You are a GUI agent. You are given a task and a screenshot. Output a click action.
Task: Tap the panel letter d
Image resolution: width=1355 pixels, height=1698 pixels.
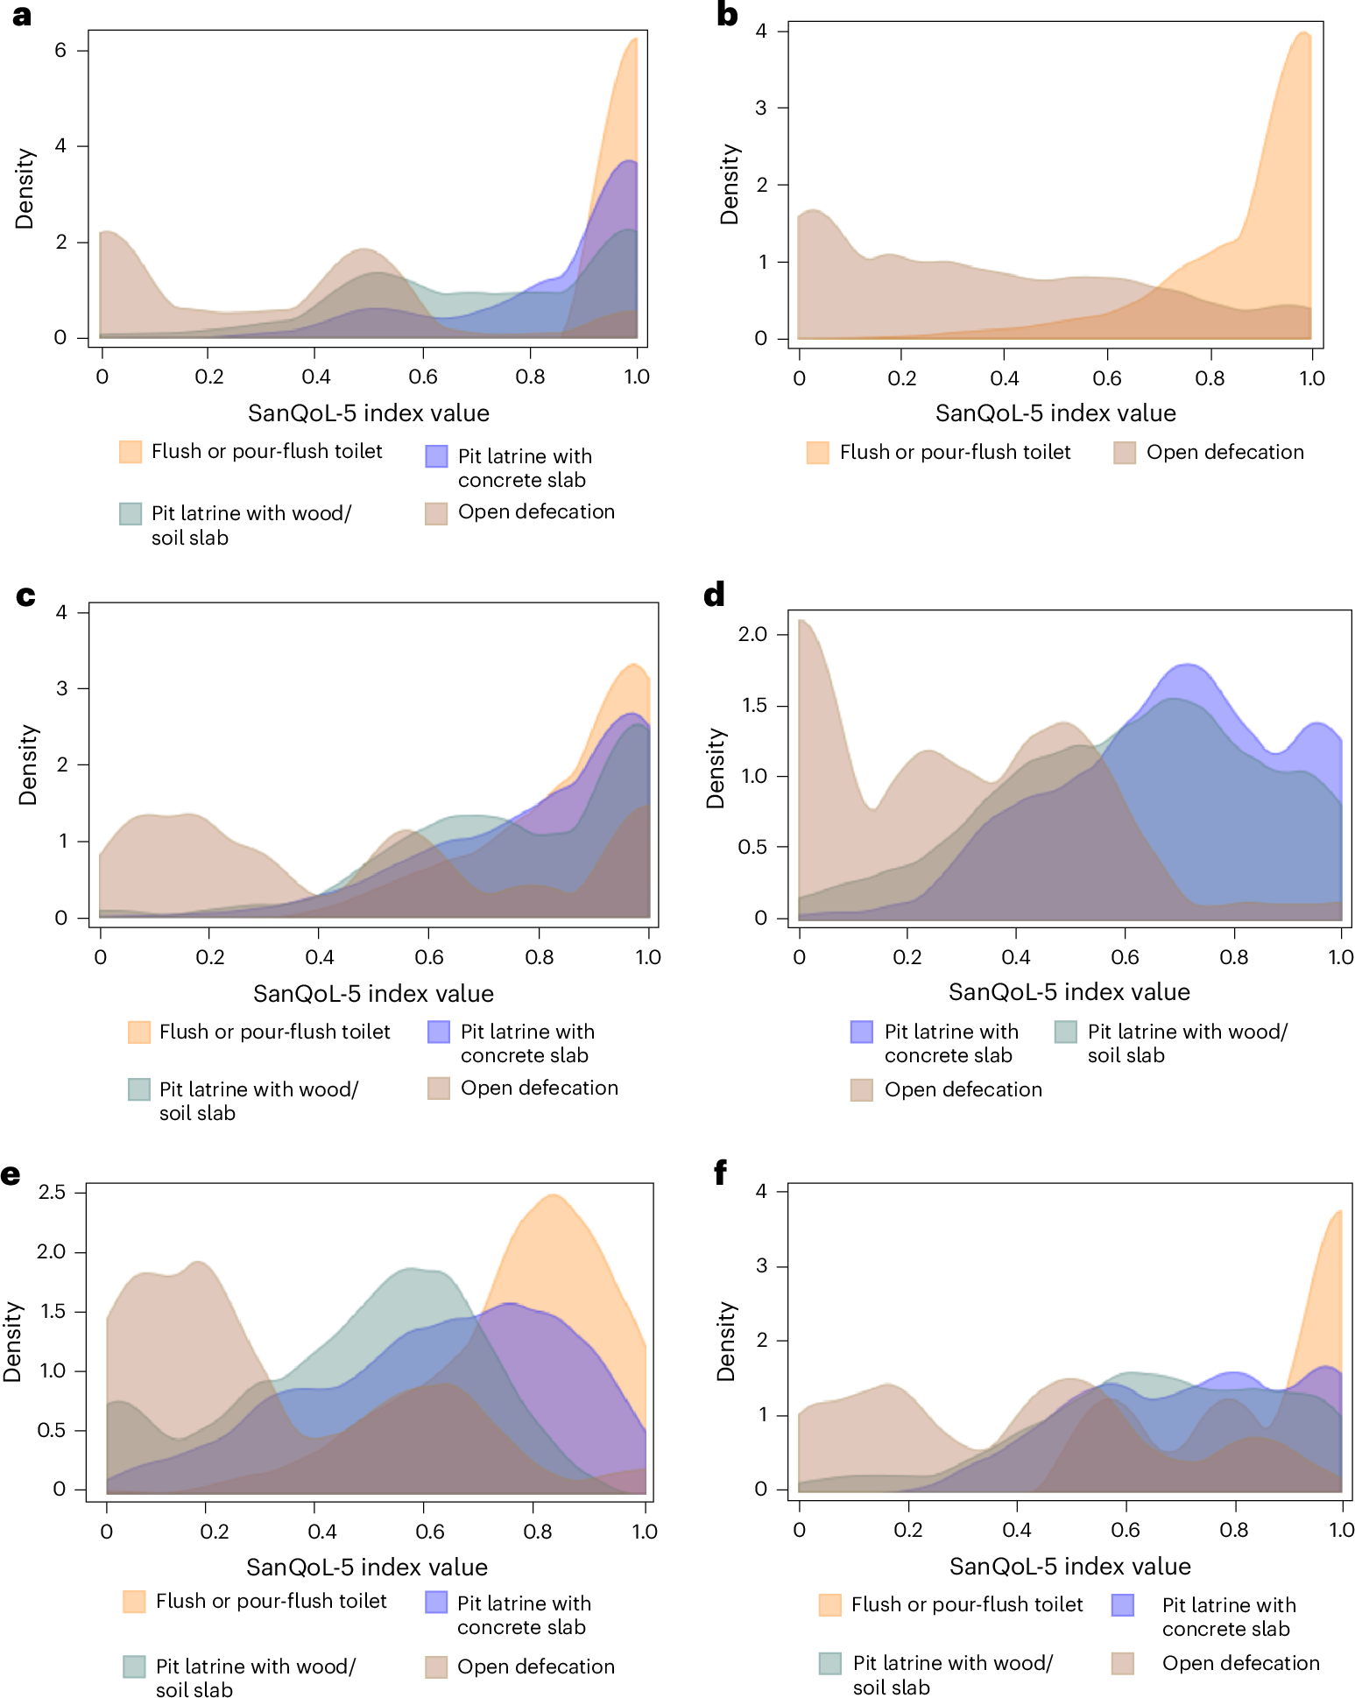point(714,595)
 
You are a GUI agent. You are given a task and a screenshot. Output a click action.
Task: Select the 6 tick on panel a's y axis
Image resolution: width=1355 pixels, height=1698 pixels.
point(60,51)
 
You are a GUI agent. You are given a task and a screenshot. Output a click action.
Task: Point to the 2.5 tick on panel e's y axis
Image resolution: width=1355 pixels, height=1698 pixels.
point(52,1192)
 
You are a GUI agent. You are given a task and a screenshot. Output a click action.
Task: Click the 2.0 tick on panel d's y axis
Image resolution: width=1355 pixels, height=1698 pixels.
point(752,634)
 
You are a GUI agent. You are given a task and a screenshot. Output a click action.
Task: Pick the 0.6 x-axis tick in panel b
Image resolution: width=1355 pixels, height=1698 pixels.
point(1107,378)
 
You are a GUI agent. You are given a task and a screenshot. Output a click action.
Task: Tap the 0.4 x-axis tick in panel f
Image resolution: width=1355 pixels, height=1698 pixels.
point(1016,1530)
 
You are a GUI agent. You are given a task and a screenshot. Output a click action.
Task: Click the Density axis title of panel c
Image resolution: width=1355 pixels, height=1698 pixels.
point(28,764)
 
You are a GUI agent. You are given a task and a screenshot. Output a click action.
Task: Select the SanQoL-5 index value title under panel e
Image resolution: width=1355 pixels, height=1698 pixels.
point(366,1567)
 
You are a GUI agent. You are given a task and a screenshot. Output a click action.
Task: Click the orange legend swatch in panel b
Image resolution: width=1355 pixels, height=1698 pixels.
point(817,453)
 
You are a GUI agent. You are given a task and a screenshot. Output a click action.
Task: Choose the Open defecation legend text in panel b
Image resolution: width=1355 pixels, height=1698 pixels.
point(1224,452)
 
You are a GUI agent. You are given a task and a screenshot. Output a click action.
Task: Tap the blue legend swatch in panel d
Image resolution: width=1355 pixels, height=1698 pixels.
point(862,1032)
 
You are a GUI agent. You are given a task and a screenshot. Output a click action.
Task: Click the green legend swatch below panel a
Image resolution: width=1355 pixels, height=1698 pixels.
point(131,513)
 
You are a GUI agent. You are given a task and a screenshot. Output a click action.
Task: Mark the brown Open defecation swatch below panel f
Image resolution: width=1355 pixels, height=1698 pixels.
point(1123,1663)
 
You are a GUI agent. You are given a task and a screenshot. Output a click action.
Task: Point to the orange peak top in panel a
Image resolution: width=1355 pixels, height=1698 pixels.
point(633,39)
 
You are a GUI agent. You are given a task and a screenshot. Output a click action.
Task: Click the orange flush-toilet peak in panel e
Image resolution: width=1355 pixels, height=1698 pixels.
point(553,1195)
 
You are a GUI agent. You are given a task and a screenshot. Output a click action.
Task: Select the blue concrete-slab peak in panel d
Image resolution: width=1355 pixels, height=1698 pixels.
point(1187,665)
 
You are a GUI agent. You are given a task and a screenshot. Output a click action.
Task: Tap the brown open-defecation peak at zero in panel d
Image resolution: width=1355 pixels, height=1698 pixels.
point(802,621)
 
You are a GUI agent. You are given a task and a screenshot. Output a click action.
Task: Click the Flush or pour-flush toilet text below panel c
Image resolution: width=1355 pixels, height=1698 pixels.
point(274,1032)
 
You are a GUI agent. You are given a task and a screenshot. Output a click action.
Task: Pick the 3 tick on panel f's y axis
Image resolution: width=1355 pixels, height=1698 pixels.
point(761,1266)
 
